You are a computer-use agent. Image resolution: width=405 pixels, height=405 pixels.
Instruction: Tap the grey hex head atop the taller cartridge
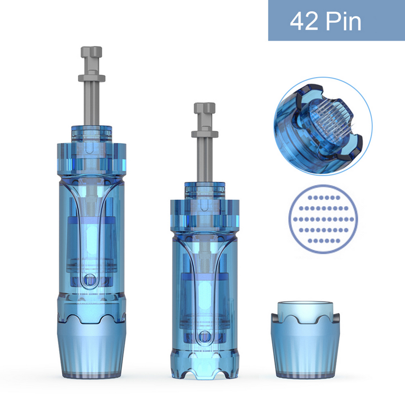tap(92, 52)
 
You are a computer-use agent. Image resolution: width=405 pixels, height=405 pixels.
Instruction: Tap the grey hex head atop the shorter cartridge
tap(205, 108)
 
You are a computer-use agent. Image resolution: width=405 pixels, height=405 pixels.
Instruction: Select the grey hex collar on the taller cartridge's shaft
tap(92, 78)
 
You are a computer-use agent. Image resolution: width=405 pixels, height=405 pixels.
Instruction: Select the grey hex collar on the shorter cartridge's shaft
tap(205, 134)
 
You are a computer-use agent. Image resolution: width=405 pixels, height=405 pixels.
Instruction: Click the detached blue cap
tap(305, 340)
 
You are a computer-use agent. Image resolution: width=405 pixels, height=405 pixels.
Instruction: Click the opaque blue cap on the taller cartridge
tap(92, 347)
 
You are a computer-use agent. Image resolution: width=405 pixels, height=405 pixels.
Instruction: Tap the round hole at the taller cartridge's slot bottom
tap(90, 280)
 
